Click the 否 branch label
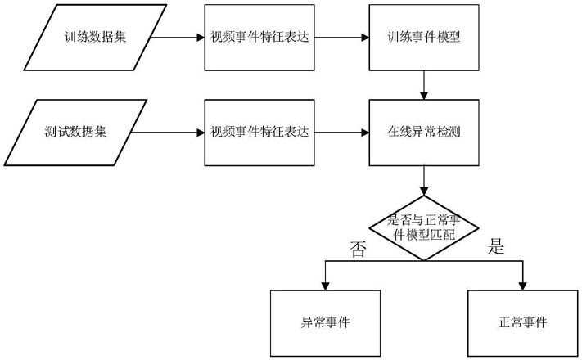[358, 249]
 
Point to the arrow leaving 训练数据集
[178, 38]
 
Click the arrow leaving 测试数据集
[168, 133]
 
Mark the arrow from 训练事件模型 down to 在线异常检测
[423, 85]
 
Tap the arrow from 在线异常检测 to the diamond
[423, 180]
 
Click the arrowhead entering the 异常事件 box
[325, 286]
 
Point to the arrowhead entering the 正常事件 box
[522, 286]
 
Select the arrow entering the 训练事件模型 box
[342, 38]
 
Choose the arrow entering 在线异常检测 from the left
[342, 133]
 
